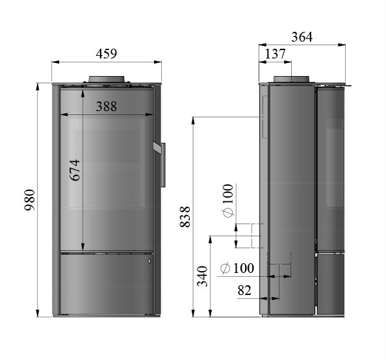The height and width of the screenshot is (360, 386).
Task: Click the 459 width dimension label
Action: coord(107,54)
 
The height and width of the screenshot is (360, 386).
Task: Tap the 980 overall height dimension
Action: coord(29,199)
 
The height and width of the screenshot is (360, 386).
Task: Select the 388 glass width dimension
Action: coord(107,107)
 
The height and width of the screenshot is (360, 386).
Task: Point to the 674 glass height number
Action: coord(75,170)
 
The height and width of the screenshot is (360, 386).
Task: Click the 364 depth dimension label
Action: coord(302,37)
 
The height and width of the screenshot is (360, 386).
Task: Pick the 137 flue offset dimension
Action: coord(275,54)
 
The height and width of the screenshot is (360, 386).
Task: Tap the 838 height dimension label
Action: coord(185,216)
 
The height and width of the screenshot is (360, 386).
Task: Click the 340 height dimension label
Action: coord(202,276)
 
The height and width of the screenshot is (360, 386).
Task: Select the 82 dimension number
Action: coord(244,290)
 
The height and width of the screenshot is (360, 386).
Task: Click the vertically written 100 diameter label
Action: coord(227,194)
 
